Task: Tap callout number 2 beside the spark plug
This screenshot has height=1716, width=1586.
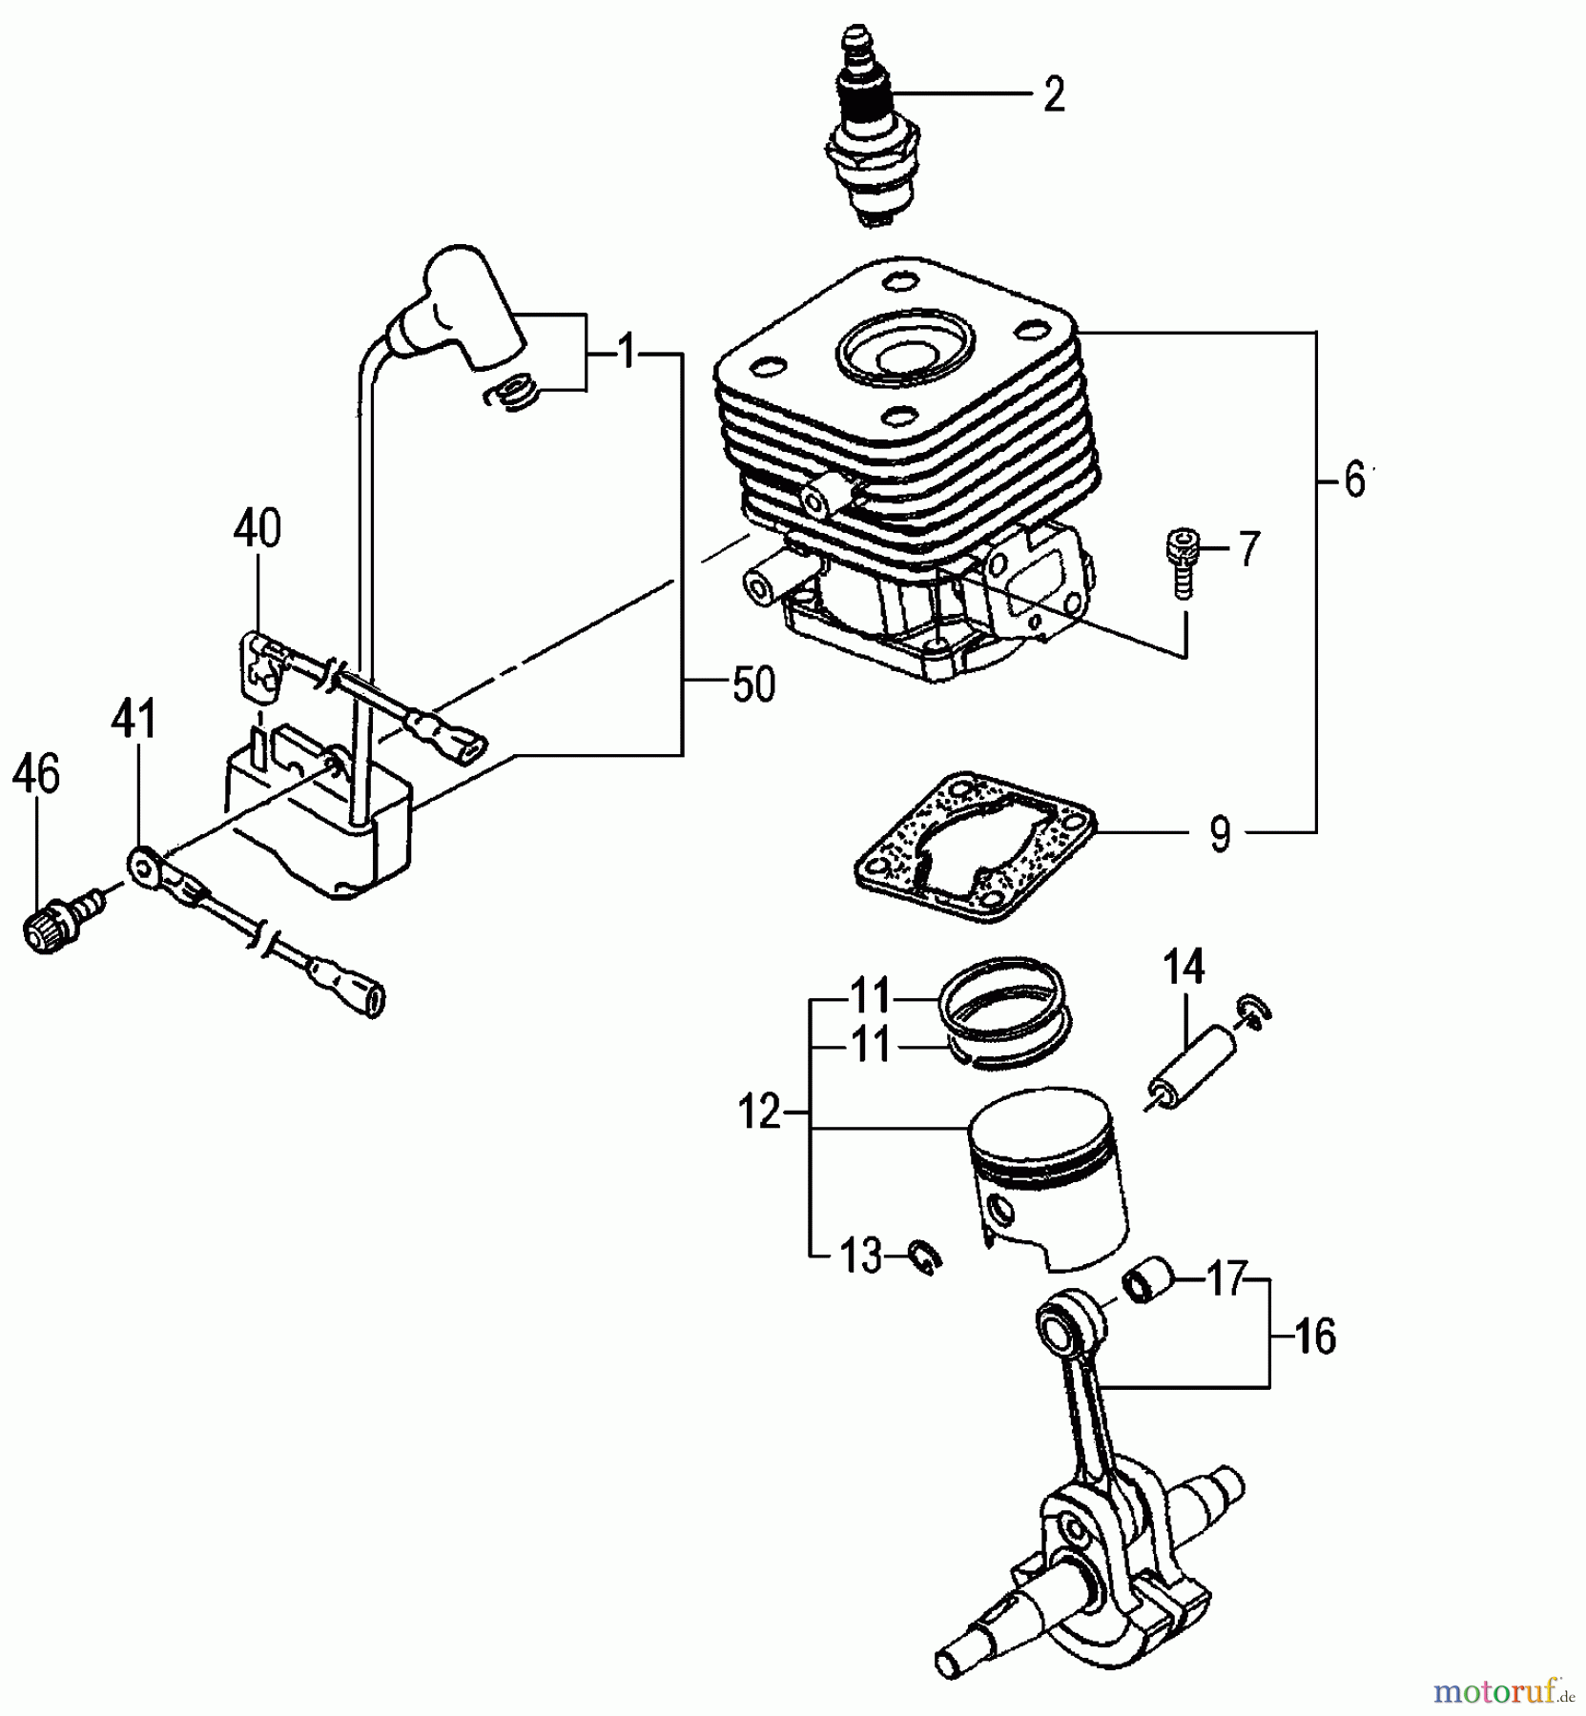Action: click(1053, 95)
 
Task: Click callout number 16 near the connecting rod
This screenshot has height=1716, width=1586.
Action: click(1315, 1338)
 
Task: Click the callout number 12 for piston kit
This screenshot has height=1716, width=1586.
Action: click(760, 1113)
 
